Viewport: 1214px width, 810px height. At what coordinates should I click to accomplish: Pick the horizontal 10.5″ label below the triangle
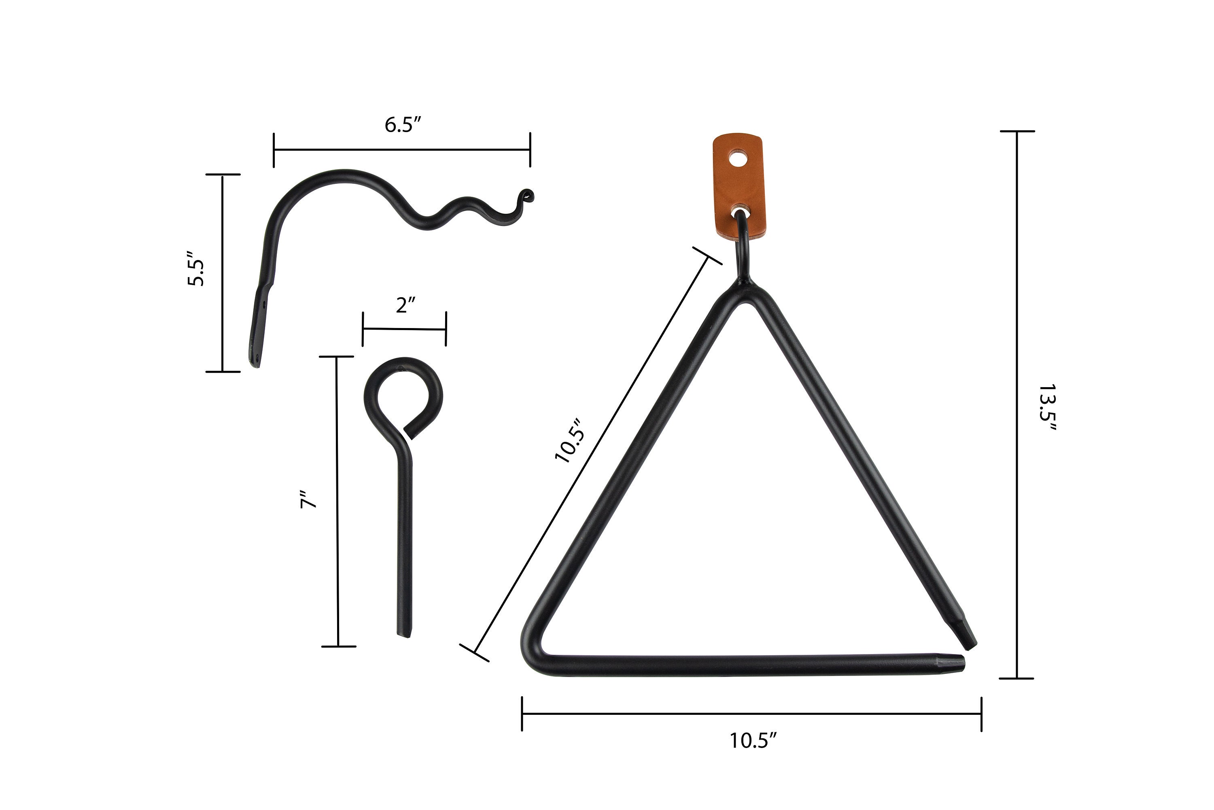pyautogui.click(x=753, y=741)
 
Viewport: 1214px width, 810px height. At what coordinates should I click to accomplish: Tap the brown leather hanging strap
pyautogui.click(x=739, y=186)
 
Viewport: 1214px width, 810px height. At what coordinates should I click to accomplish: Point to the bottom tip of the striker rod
pyautogui.click(x=404, y=633)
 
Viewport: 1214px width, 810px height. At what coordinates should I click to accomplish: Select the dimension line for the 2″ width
pyautogui.click(x=404, y=329)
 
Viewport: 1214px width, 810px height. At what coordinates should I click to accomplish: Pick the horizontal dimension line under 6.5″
pyautogui.click(x=401, y=150)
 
